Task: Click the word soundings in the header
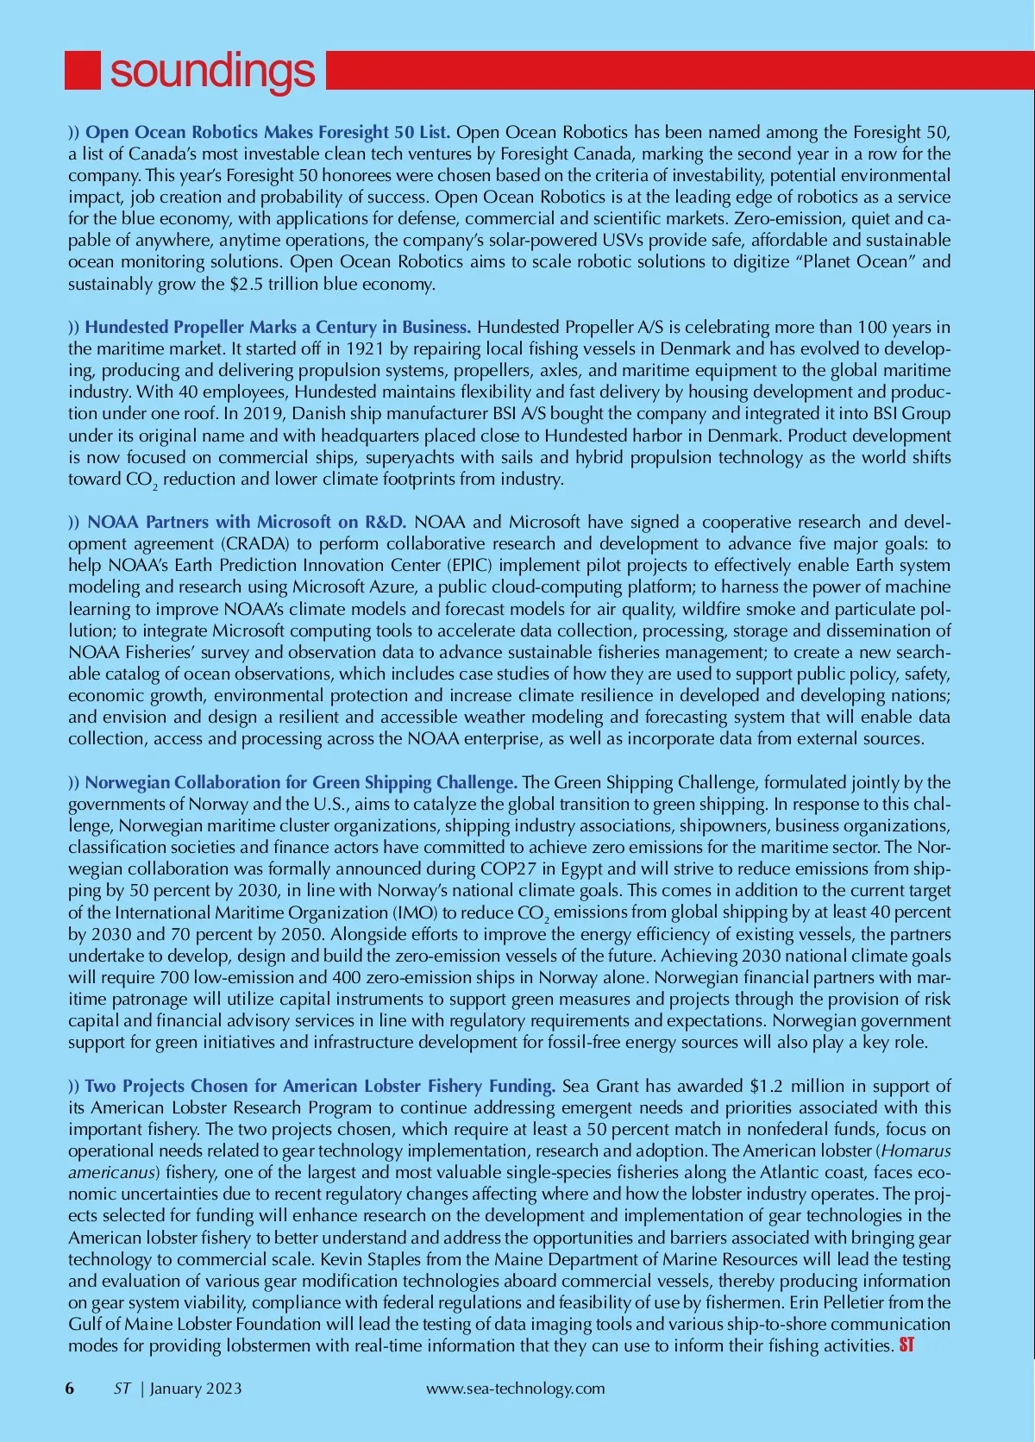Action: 212,71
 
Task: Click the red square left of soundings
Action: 83,70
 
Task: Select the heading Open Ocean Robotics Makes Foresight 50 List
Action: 267,133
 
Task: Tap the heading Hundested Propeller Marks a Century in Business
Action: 278,328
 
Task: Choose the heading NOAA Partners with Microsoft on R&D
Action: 246,523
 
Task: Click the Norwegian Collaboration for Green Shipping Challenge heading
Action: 301,783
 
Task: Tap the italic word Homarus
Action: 916,1151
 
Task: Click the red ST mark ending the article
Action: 906,1345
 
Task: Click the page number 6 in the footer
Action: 70,1389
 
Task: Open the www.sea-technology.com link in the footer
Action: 516,1389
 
